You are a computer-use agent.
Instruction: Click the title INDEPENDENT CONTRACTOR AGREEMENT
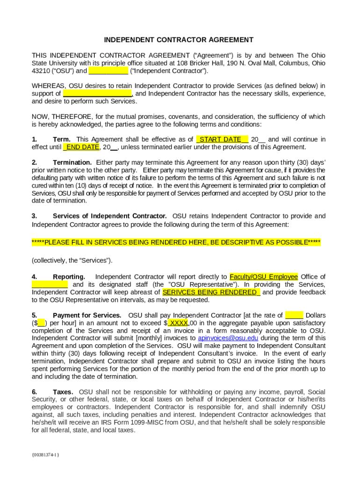[179, 40]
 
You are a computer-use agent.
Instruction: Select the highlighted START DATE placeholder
[222, 139]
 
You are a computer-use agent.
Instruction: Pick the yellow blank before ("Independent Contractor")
[108, 71]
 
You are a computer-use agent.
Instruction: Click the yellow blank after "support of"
[97, 94]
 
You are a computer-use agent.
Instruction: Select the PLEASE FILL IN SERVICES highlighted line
[176, 242]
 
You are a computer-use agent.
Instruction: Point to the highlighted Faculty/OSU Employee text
[264, 277]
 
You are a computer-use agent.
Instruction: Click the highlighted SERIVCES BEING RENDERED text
[211, 292]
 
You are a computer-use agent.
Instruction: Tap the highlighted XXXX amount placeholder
[178, 323]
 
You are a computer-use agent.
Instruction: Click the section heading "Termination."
[72, 162]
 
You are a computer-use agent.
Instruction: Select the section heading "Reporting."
[69, 277]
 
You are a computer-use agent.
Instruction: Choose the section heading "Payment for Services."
[87, 315]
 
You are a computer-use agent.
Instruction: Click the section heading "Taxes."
[63, 392]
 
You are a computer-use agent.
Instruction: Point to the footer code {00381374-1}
[45, 454]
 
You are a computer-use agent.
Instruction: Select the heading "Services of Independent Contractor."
[109, 216]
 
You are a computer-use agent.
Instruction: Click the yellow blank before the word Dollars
[294, 315]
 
